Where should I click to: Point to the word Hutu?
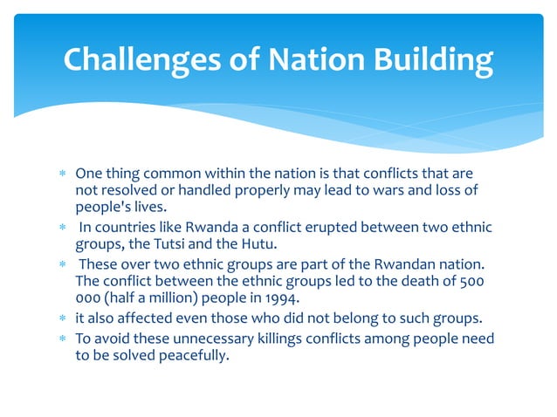point(252,244)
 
